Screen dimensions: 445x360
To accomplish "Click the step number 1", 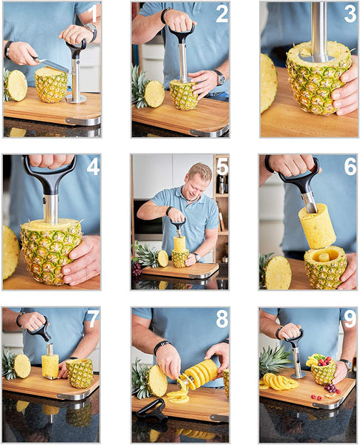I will (x=92, y=13).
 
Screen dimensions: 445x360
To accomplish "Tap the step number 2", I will (x=221, y=13).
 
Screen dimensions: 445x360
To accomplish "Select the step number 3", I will (x=349, y=13).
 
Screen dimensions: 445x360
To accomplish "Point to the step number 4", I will (x=92, y=166).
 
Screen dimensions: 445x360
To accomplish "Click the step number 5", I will (x=221, y=166).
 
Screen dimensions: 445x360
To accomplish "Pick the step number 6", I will (x=349, y=166).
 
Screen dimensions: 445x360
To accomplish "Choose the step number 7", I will (x=92, y=319).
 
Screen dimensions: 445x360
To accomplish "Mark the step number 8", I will (x=221, y=319).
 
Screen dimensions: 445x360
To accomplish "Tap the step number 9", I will (x=349, y=319).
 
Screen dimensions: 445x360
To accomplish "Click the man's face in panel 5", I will (x=182, y=182).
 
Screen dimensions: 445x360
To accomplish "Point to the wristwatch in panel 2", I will (x=220, y=76).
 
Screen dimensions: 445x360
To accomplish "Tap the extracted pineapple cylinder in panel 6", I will (x=317, y=225).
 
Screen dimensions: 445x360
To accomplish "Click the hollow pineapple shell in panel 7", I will (x=80, y=372).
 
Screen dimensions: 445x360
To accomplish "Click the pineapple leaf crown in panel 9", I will (x=275, y=359).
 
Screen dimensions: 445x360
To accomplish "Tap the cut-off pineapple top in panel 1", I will (x=16, y=85).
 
